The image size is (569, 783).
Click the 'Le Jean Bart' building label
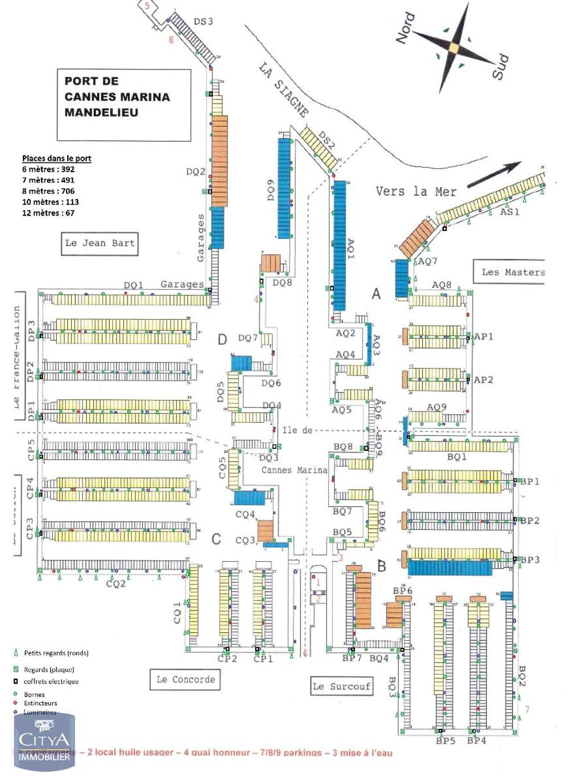(100, 244)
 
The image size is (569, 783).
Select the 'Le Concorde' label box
(185, 679)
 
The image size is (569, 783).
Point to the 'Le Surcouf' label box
(341, 686)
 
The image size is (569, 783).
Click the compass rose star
(453, 48)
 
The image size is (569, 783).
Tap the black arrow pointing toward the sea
(494, 174)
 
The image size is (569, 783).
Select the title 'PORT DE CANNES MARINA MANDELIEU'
(117, 97)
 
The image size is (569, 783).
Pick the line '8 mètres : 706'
(48, 191)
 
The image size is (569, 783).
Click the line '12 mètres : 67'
(48, 213)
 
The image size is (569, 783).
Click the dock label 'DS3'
(203, 22)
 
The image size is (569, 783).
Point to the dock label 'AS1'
(509, 212)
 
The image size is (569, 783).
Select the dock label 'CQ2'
(116, 584)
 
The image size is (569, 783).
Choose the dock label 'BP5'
(446, 740)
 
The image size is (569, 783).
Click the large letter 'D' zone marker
(222, 340)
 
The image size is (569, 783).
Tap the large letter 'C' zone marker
(216, 539)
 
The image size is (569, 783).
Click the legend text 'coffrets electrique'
(51, 681)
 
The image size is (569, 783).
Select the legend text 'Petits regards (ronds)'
(56, 653)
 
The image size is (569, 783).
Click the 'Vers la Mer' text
(416, 191)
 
